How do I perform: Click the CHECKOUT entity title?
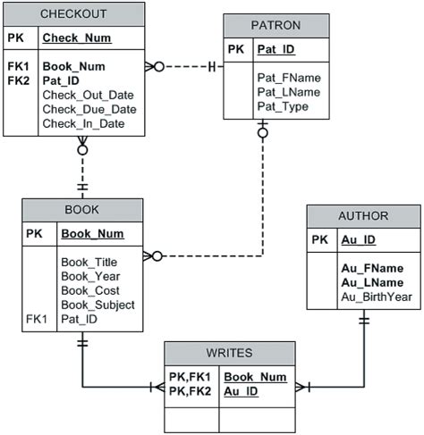tap(73, 13)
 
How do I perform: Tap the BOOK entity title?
tap(82, 210)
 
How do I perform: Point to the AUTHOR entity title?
tap(363, 216)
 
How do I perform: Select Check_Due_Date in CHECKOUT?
tap(89, 109)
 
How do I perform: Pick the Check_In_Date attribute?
tap(83, 123)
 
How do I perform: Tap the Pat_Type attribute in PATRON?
tap(283, 106)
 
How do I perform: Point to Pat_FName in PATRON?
tap(288, 78)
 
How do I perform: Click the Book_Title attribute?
tap(89, 262)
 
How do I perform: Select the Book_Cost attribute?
tap(89, 290)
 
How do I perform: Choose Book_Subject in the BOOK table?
tap(98, 305)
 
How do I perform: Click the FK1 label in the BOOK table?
tap(37, 319)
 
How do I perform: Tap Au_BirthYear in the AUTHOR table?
tap(376, 297)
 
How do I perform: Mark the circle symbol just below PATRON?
tap(262, 133)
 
